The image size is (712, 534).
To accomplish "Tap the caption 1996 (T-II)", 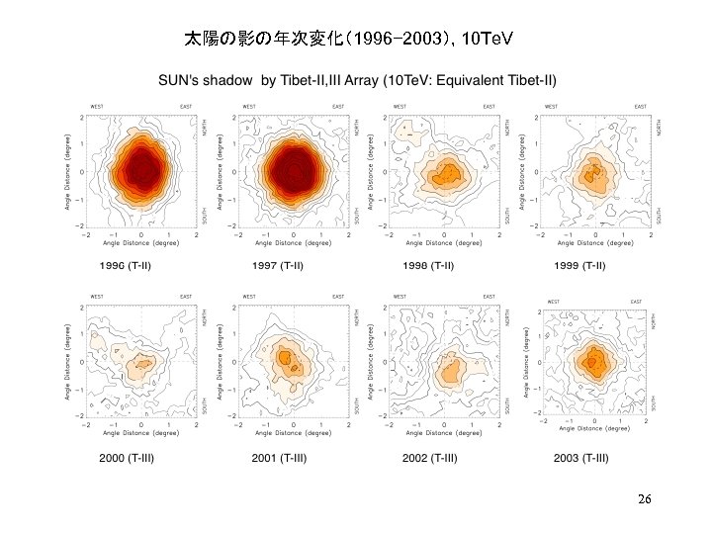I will coord(126,265).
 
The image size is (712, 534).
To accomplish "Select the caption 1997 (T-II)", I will coord(277,265).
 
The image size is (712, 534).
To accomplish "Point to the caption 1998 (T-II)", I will coord(428,265).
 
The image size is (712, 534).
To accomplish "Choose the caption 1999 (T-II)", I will coord(580,265).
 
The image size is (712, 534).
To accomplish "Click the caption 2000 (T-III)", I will coord(126,458).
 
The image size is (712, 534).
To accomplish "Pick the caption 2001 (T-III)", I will coord(277,458).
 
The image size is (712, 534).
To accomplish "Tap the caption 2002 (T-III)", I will coord(429,458).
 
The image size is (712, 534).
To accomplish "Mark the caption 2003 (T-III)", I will coord(581,458).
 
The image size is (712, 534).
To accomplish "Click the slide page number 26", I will coord(644,499).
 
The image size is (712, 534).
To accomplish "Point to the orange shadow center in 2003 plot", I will coord(594,362).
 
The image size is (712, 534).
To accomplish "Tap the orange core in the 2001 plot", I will coord(287,358).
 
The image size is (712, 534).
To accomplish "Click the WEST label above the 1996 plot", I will coord(97,106).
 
